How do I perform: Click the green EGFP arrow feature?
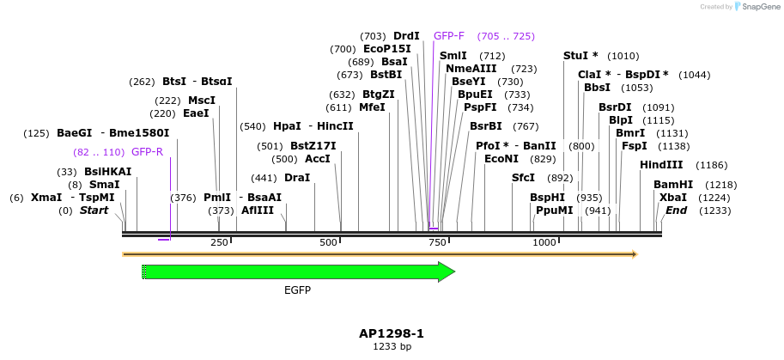[296, 272]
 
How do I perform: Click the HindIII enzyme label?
[661, 165]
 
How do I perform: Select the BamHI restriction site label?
[672, 185]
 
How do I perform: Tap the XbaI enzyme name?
[672, 198]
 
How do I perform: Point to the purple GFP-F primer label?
[449, 36]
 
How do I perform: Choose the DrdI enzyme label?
[406, 36]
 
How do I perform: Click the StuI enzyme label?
[580, 56]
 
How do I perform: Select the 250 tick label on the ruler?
[219, 243]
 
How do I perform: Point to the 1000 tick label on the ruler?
[545, 243]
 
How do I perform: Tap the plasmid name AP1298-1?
[392, 333]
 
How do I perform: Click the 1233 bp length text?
[392, 347]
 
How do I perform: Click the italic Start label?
[94, 211]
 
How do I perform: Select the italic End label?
[676, 211]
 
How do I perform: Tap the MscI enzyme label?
[202, 101]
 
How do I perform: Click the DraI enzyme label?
[296, 178]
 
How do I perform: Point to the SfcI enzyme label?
[523, 178]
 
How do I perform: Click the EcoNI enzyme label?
[501, 159]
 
